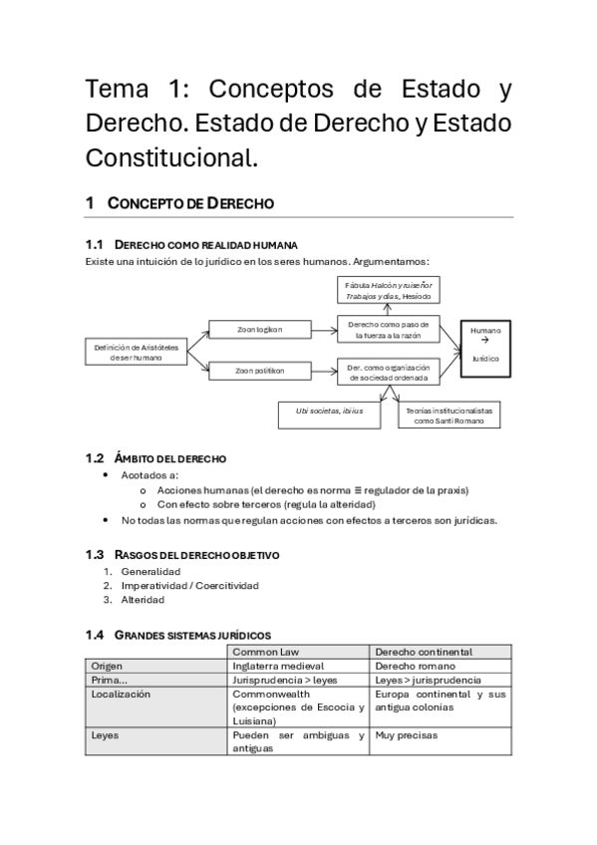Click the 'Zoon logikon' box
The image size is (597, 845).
click(x=259, y=330)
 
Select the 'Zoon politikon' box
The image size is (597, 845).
click(x=259, y=371)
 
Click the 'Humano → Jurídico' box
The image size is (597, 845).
click(x=485, y=344)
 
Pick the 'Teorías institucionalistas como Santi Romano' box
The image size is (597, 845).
click(x=448, y=415)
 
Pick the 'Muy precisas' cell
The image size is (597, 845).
click(x=407, y=735)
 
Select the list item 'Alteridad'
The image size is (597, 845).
click(x=143, y=600)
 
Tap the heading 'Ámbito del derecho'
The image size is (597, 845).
click(x=170, y=458)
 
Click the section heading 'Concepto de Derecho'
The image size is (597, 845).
click(x=190, y=203)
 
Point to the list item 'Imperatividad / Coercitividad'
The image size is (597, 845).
click(x=189, y=586)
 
